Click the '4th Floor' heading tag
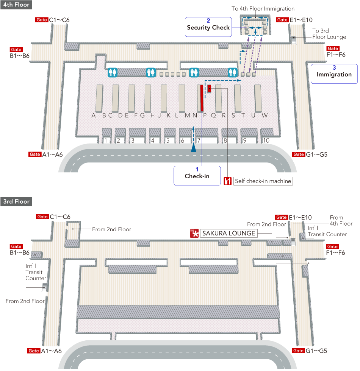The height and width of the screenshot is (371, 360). click(x=16, y=5)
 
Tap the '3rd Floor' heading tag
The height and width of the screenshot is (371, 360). click(x=16, y=201)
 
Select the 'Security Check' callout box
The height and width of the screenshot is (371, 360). click(x=208, y=27)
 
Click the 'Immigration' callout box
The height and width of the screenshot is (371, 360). click(x=334, y=73)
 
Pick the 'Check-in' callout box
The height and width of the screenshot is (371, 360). click(x=197, y=176)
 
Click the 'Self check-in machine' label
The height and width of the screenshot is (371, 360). click(x=263, y=181)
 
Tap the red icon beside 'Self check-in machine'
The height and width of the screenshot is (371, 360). click(x=228, y=181)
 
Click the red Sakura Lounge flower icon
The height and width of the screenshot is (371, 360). click(x=194, y=234)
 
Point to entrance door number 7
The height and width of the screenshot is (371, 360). click(x=198, y=140)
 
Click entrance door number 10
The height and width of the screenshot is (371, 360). click(x=266, y=140)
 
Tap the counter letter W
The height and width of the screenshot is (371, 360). click(x=265, y=115)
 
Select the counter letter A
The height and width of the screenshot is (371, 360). click(x=94, y=115)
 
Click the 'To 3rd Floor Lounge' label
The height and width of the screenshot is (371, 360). click(x=329, y=34)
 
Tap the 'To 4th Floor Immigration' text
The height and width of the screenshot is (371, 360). click(x=263, y=9)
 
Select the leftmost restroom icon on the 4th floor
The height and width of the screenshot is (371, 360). click(x=113, y=72)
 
